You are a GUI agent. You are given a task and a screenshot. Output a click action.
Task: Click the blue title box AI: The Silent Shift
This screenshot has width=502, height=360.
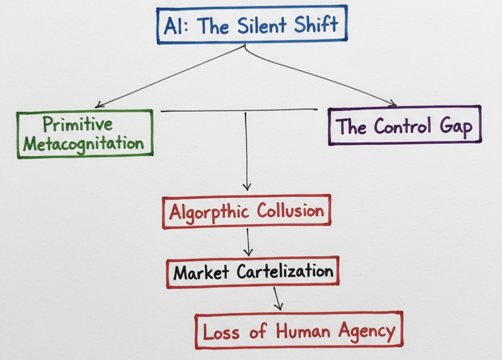(252, 25)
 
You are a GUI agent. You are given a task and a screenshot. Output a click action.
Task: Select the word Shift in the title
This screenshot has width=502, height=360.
(315, 25)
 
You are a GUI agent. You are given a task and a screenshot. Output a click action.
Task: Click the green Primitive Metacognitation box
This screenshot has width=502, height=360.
(85, 134)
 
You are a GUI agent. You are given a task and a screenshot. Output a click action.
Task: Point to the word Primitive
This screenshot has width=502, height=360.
(78, 124)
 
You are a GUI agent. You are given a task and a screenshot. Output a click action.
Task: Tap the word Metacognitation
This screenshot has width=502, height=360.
(84, 144)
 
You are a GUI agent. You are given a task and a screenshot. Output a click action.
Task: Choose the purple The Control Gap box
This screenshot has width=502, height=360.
(404, 126)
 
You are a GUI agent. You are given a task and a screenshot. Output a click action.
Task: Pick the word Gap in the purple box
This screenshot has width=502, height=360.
(455, 127)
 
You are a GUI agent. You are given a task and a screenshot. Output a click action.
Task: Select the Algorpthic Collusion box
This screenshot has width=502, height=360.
(247, 212)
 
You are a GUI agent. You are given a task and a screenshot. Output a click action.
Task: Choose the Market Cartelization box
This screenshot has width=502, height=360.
(253, 272)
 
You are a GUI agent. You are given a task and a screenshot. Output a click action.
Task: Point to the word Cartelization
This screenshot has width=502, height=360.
(285, 271)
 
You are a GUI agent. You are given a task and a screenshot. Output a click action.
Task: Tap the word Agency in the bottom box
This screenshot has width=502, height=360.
(367, 331)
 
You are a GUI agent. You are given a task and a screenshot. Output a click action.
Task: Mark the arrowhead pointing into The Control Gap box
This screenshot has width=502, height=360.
(393, 103)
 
